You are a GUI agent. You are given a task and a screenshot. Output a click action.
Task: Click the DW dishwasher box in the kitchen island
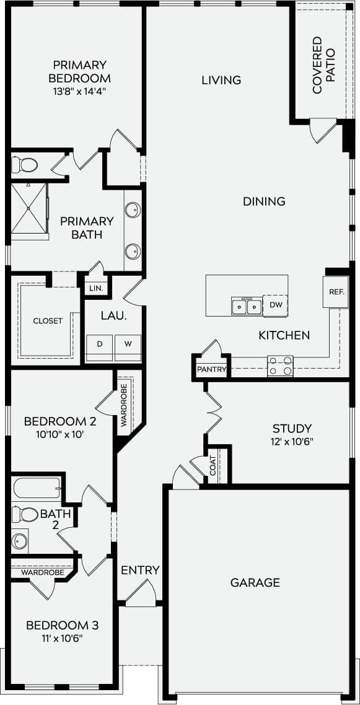tap(275, 305)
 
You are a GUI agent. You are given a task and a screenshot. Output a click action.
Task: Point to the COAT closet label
tap(213, 466)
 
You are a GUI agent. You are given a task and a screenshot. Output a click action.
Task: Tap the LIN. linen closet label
tap(95, 289)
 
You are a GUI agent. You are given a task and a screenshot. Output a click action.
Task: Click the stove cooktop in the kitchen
tap(280, 366)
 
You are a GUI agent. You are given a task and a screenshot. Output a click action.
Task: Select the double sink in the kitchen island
tap(246, 306)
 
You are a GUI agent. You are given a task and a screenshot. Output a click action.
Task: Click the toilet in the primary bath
tap(24, 165)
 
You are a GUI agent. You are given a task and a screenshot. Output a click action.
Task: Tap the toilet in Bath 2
tap(25, 514)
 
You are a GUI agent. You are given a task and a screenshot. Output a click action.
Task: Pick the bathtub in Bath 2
tap(36, 489)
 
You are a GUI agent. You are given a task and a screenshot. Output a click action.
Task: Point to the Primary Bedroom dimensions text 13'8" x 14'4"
tap(79, 92)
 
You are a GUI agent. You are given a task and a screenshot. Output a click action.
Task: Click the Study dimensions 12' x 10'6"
tap(292, 442)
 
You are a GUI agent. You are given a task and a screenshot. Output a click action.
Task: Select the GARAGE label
tap(255, 582)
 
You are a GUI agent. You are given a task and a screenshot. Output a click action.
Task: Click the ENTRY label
tap(140, 570)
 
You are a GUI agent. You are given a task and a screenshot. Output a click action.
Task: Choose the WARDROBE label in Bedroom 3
tap(43, 573)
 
